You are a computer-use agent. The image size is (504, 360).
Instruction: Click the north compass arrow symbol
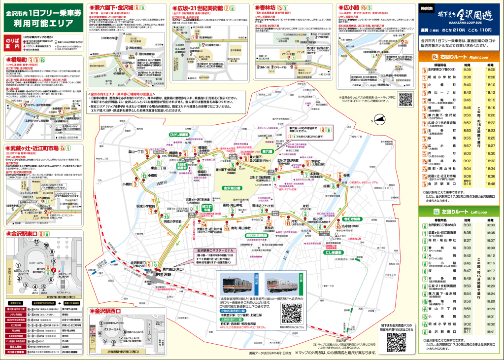click(380, 118)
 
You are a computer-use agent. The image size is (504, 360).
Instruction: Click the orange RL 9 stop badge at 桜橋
click(340, 176)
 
